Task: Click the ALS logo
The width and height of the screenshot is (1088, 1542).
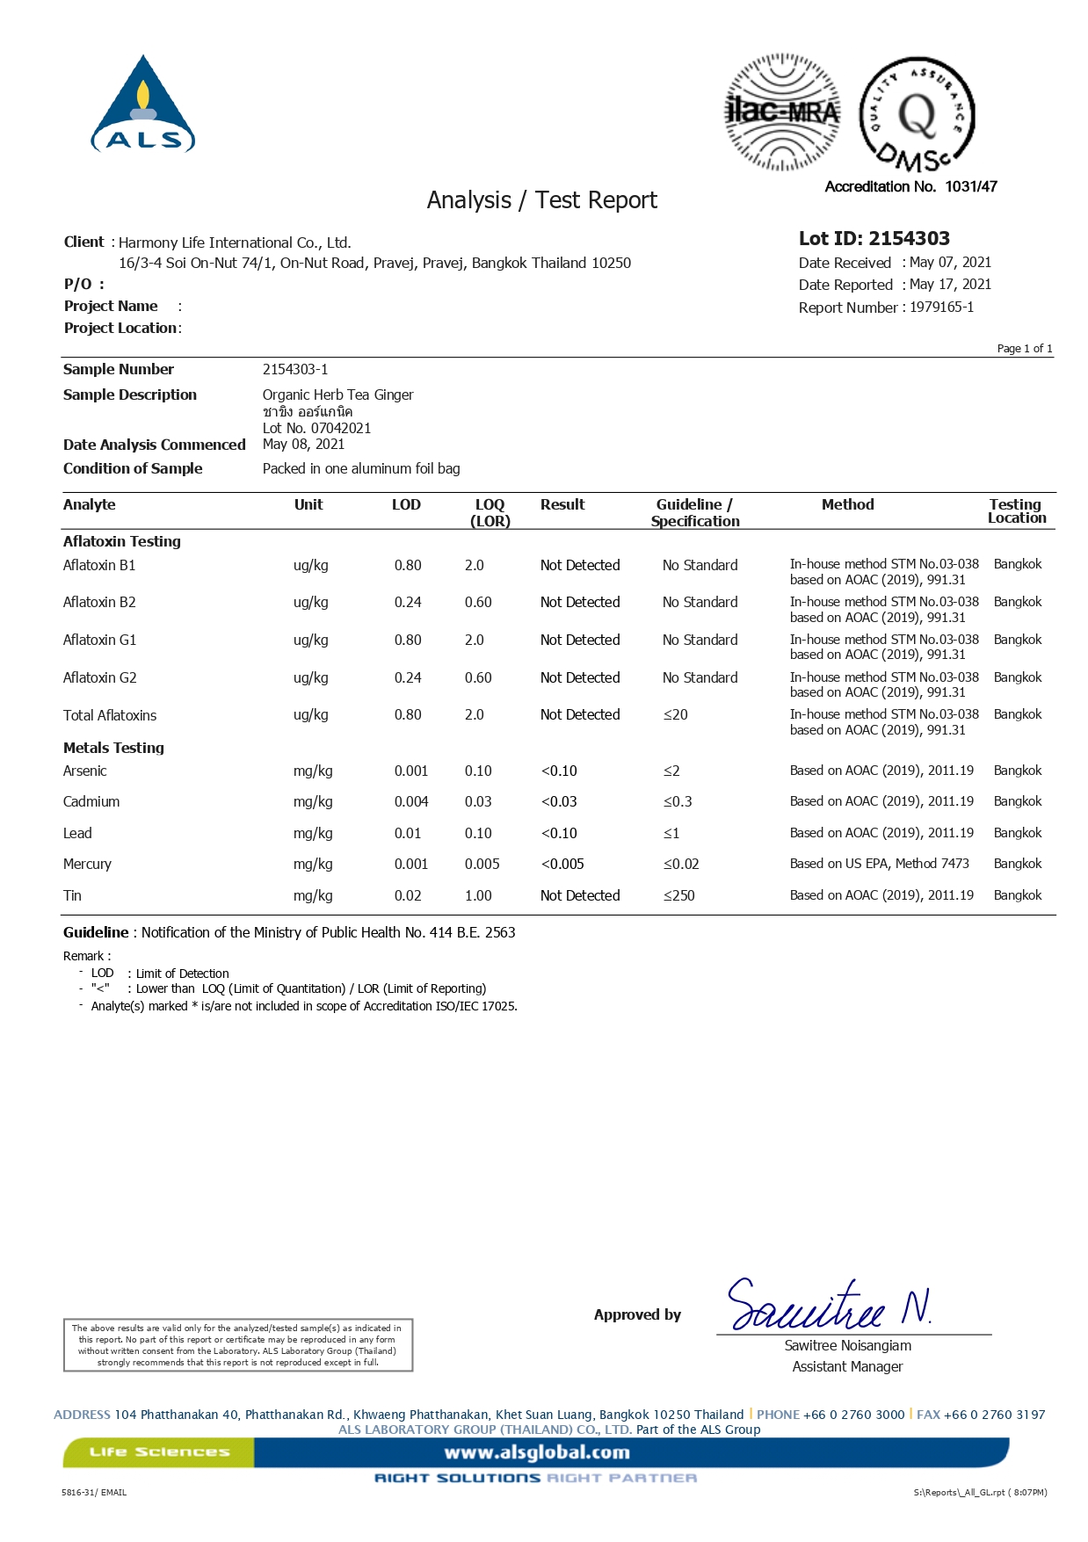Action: [x=143, y=105]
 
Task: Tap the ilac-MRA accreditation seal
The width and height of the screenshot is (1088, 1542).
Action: [x=781, y=112]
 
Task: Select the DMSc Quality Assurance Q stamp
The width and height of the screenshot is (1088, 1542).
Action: [x=917, y=115]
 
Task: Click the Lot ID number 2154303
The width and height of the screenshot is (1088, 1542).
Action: [x=909, y=238]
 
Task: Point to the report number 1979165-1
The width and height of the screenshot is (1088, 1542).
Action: [x=941, y=308]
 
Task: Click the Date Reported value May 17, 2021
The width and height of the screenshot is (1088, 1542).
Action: [x=950, y=285]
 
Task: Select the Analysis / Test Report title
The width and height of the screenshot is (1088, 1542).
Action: [x=541, y=200]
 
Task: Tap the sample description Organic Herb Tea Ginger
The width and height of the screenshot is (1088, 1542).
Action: [x=337, y=395]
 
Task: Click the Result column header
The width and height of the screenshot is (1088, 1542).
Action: [x=562, y=505]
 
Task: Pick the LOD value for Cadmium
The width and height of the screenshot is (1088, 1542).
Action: [x=411, y=801]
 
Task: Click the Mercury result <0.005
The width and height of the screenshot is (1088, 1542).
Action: [x=562, y=864]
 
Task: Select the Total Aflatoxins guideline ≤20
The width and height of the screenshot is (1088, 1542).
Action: [x=675, y=715]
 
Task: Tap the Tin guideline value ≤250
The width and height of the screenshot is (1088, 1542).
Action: [x=678, y=895]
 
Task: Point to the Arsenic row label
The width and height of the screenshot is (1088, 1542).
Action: [x=85, y=771]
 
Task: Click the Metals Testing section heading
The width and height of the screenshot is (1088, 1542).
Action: [x=113, y=748]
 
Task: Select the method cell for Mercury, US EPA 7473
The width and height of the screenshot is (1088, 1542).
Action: [x=879, y=864]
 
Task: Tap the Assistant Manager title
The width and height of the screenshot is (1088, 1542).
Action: [x=847, y=1366]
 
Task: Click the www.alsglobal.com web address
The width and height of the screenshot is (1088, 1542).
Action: [x=537, y=1452]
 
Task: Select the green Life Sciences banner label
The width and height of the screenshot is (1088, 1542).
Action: [x=159, y=1452]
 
